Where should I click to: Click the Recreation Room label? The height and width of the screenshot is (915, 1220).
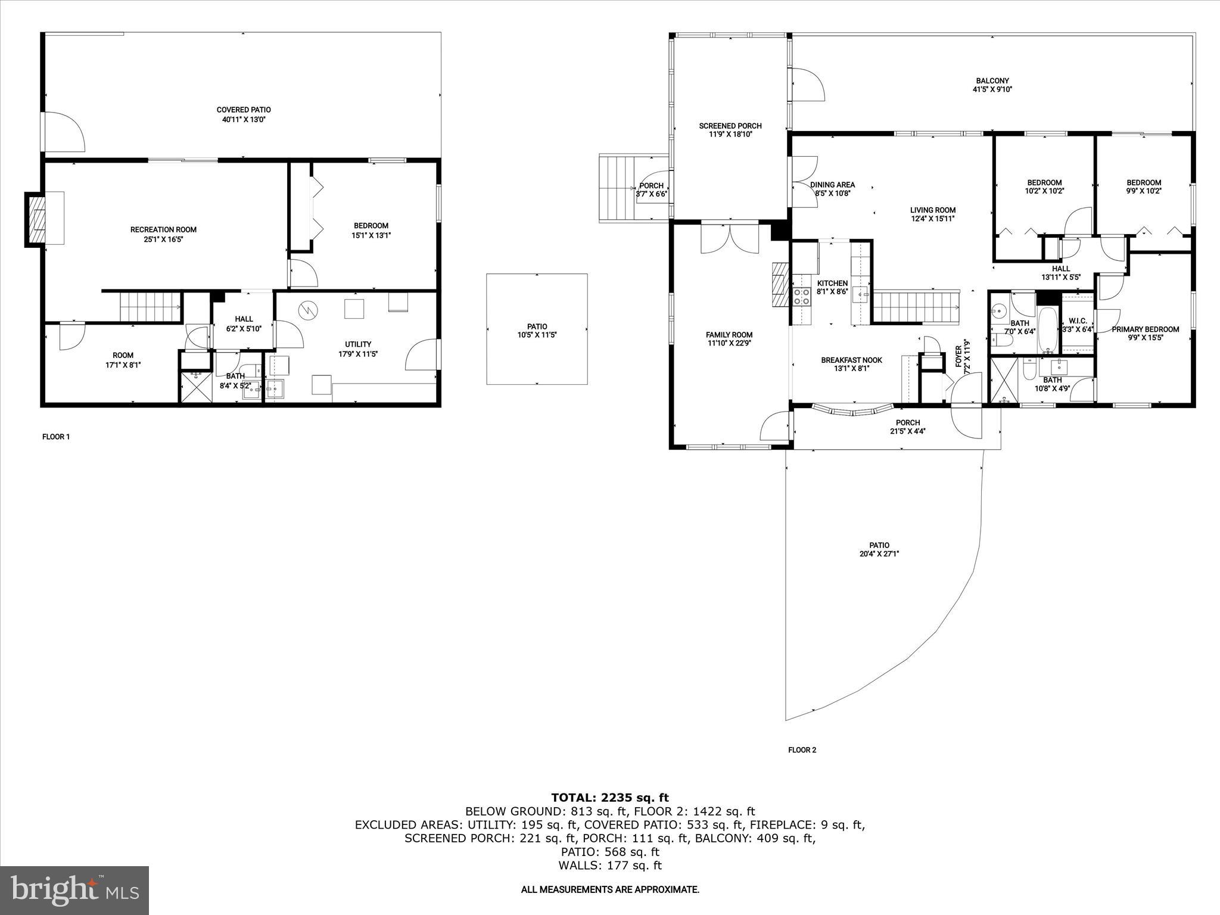click(163, 229)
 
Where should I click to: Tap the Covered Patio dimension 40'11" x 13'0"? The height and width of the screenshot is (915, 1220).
click(243, 119)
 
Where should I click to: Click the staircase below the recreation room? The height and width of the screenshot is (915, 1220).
click(150, 307)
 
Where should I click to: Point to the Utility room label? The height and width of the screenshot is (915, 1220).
click(358, 344)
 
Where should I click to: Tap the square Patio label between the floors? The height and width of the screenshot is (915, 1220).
click(537, 326)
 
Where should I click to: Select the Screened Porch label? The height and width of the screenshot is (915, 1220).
click(730, 126)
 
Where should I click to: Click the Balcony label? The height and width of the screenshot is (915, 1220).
click(992, 81)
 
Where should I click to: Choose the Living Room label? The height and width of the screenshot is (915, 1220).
click(932, 210)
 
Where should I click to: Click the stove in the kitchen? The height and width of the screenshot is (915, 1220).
click(801, 296)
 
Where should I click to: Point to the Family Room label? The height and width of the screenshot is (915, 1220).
click(729, 335)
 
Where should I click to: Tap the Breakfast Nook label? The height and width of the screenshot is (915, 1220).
click(851, 360)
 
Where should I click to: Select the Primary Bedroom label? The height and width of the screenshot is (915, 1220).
click(1145, 329)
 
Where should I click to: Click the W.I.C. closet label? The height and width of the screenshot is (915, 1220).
click(1078, 320)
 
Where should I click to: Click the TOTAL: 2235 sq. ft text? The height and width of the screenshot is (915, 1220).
click(609, 798)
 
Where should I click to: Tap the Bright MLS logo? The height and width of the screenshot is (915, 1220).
click(74, 890)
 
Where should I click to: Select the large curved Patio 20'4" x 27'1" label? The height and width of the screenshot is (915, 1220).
click(879, 545)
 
